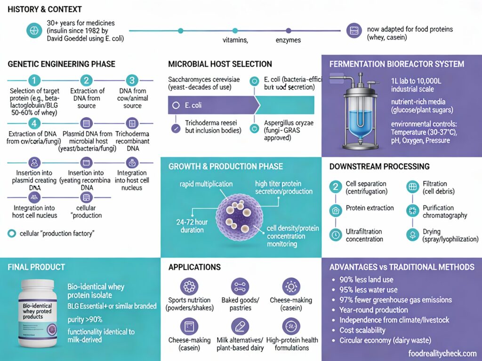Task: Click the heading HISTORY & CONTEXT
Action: [x=45, y=9]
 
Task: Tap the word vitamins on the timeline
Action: [x=235, y=40]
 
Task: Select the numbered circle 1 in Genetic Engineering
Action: [x=35, y=80]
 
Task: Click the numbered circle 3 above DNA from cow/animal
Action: [x=132, y=80]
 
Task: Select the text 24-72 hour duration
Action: [x=192, y=226]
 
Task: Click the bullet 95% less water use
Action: [x=368, y=290]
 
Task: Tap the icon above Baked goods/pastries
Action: [x=240, y=286]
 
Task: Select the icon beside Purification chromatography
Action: [x=412, y=211]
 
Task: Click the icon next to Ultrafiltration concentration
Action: [x=335, y=235]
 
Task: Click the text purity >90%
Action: [x=85, y=320]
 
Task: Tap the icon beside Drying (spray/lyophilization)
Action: [x=412, y=235]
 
